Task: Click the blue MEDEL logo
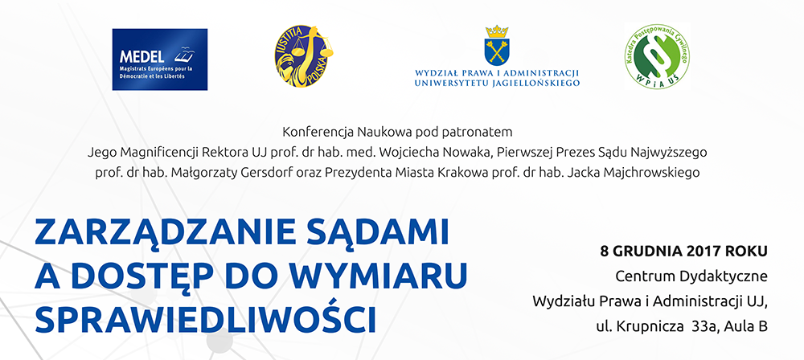(160, 59)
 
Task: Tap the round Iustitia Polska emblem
(304, 56)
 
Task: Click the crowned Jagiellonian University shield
(496, 45)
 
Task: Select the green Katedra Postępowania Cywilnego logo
(657, 56)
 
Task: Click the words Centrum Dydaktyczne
(691, 277)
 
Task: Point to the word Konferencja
(312, 133)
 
